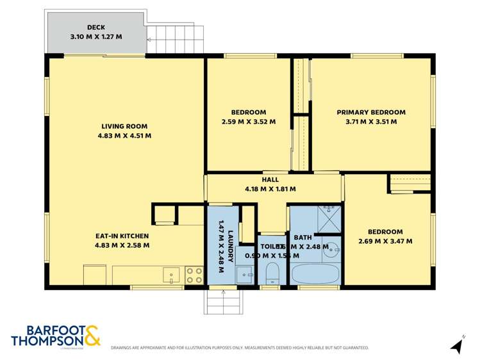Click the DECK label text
(96, 28)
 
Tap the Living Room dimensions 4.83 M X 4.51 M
(124, 135)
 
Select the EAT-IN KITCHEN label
(122, 236)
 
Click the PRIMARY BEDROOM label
(371, 112)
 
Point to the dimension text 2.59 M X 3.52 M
(248, 121)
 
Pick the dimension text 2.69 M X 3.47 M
(385, 241)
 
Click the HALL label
(270, 180)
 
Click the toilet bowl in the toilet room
(272, 274)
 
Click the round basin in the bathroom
(331, 250)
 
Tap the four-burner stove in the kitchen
(194, 275)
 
